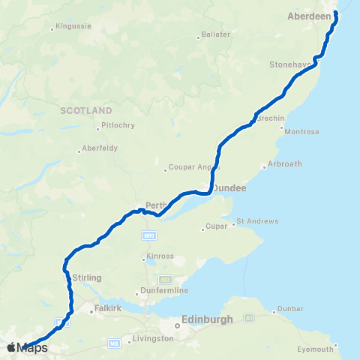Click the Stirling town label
pos(87,277)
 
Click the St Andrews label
pos(257,221)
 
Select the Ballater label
pos(216,35)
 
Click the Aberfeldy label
pos(100,148)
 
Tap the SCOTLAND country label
pos(86,110)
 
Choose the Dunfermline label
pos(163,290)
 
